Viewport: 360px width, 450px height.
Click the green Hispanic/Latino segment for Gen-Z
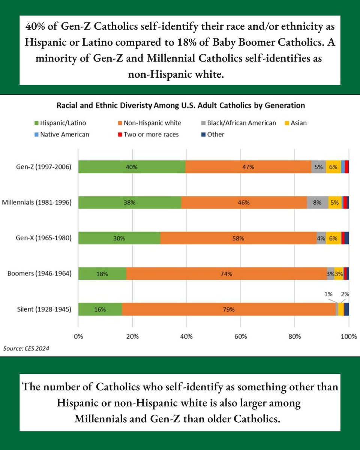[132, 167]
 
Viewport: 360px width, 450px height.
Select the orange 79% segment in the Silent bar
[229, 309]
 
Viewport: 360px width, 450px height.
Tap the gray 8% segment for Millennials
[317, 202]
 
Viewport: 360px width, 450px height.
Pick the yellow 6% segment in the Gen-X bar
[333, 238]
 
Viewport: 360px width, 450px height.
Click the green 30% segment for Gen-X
[119, 238]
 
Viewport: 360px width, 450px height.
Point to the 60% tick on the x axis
[240, 336]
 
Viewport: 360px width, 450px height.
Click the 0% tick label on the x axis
[78, 336]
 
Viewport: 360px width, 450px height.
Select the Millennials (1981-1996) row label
[37, 202]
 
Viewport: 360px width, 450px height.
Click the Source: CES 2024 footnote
[26, 348]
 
